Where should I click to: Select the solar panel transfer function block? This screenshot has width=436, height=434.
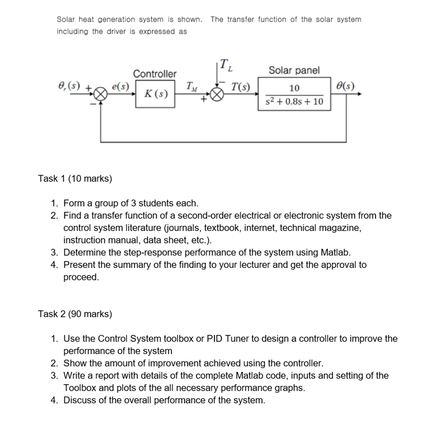(x=294, y=95)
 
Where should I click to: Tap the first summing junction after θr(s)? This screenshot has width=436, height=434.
(x=101, y=95)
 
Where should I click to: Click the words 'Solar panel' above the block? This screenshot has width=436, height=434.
(x=294, y=70)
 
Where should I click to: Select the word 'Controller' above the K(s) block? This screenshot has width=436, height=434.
(x=154, y=74)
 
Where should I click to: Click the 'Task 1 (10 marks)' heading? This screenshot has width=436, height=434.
(x=75, y=178)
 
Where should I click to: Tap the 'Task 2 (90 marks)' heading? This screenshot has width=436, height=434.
(x=75, y=314)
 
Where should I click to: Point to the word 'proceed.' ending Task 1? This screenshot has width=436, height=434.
(x=81, y=277)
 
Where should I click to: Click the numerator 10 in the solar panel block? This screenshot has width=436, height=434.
(x=294, y=88)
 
